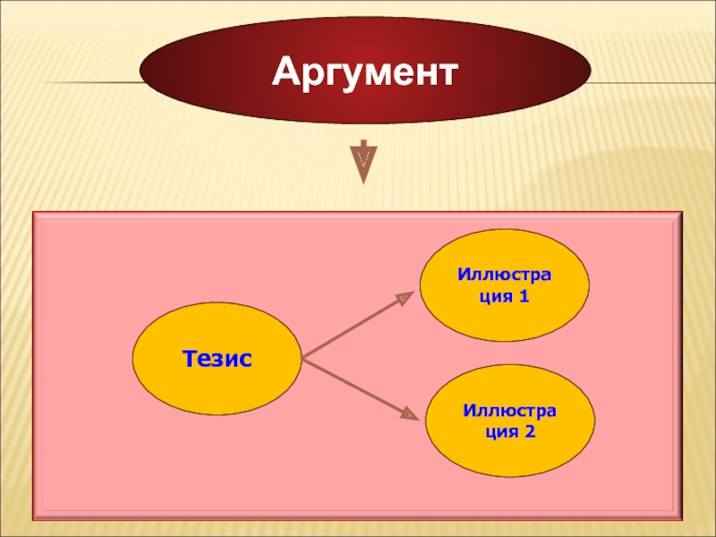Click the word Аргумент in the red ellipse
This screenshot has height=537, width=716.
coord(364,71)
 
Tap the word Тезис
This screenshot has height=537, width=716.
coord(217,360)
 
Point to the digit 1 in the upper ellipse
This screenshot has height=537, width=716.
coord(524,296)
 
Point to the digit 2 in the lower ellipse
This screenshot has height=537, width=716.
coord(530,431)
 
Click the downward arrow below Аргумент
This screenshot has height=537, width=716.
coord(363,160)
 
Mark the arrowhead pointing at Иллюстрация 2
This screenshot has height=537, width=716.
coord(408,414)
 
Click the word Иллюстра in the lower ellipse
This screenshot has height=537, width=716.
coord(510,410)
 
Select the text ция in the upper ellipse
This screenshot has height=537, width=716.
coord(489,296)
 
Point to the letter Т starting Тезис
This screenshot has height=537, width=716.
coord(188,360)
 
